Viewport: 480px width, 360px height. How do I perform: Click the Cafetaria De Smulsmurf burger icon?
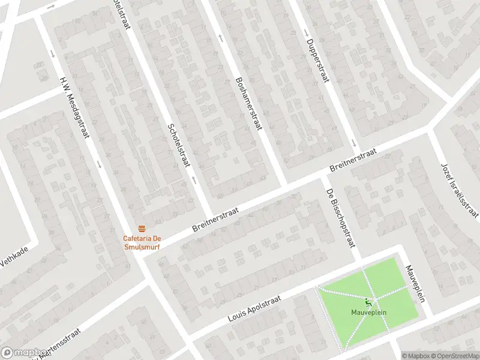coord(142,228)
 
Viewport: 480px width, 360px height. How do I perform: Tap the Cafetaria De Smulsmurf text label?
coord(142,241)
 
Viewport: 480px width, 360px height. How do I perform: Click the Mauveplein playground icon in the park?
coord(368,302)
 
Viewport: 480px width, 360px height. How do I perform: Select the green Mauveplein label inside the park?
coord(368,312)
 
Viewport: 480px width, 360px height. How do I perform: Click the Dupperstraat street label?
coord(316,62)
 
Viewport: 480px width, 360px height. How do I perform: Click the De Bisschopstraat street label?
coord(340,218)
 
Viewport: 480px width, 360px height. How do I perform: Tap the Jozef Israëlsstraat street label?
coord(460,189)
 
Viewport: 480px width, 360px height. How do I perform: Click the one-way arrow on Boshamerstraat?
coord(221,38)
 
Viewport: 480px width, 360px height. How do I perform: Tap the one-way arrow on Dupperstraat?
coord(355,143)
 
